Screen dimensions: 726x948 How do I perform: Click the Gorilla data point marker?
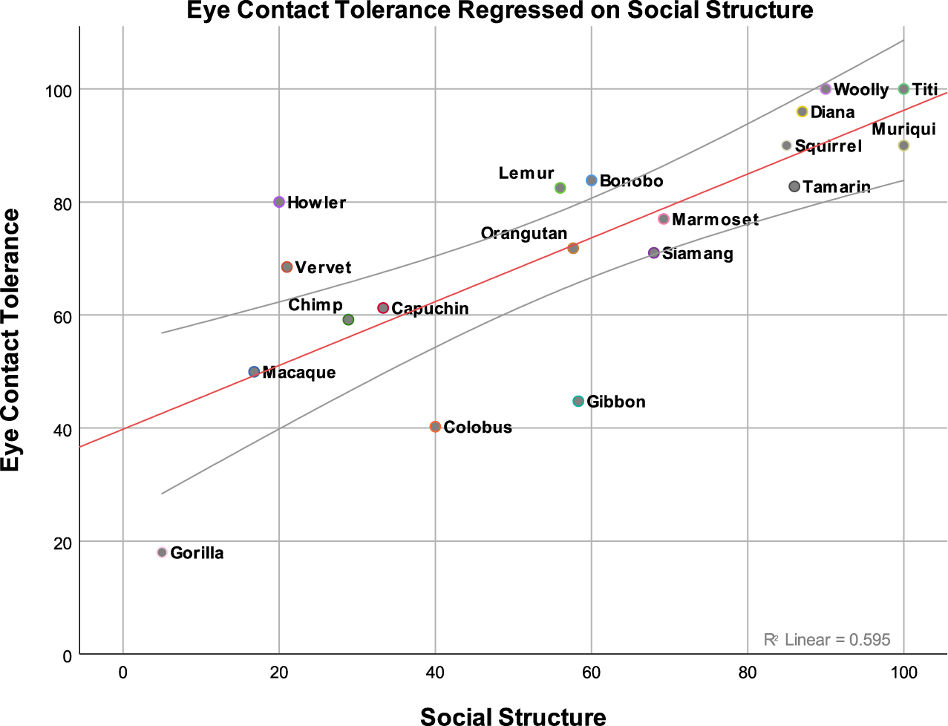pyautogui.click(x=162, y=552)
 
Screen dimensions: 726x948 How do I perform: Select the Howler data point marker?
pyautogui.click(x=279, y=202)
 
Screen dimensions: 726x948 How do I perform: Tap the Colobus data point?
pyautogui.click(x=435, y=427)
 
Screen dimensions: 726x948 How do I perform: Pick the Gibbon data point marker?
pyautogui.click(x=578, y=402)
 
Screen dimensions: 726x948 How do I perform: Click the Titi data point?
pyautogui.click(x=903, y=89)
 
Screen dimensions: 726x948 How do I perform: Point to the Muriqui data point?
pyautogui.click(x=903, y=145)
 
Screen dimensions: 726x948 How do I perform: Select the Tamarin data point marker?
pyautogui.click(x=794, y=186)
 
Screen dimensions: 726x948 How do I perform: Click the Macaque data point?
pyautogui.click(x=254, y=372)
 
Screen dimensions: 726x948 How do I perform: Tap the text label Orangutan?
pyautogui.click(x=524, y=234)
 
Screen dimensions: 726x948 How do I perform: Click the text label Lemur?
pyautogui.click(x=526, y=174)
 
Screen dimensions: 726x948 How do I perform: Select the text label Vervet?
pyautogui.click(x=323, y=268)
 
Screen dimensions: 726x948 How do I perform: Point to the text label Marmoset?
pyautogui.click(x=715, y=220)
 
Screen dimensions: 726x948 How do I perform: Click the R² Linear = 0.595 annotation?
pyautogui.click(x=827, y=640)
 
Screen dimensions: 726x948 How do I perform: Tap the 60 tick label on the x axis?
pyautogui.click(x=591, y=673)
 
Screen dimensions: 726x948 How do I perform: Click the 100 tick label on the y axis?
pyautogui.click(x=58, y=91)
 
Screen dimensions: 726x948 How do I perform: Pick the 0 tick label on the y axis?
pyautogui.click(x=67, y=656)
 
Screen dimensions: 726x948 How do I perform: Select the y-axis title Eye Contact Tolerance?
pyautogui.click(x=11, y=340)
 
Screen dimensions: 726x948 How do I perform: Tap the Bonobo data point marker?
pyautogui.click(x=592, y=180)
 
